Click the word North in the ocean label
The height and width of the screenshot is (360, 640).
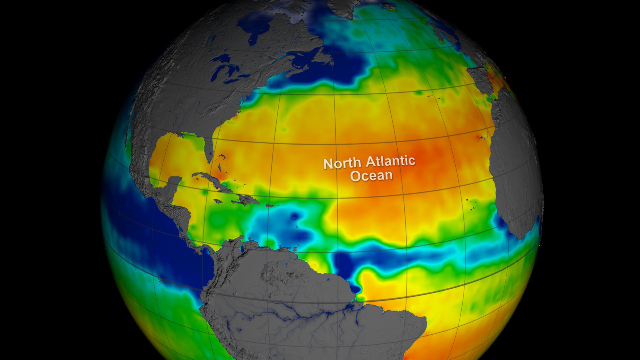coord(342,163)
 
